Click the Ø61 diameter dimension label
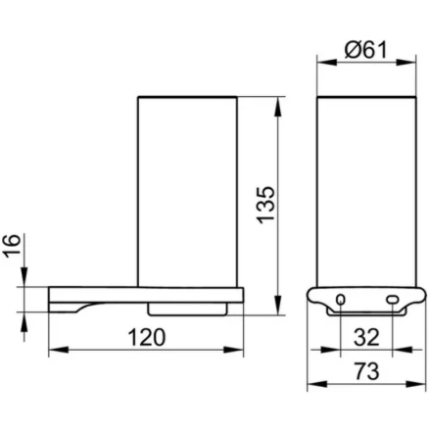pyautogui.click(x=366, y=50)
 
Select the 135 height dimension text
pyautogui.click(x=265, y=205)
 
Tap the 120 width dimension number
pyautogui.click(x=147, y=337)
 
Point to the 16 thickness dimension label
pyautogui.click(x=13, y=246)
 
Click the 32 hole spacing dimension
pyautogui.click(x=366, y=337)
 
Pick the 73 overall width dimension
pyautogui.click(x=367, y=371)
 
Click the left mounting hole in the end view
pyautogui.click(x=341, y=299)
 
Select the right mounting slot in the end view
pyautogui.click(x=392, y=299)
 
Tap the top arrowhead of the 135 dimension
pyautogui.click(x=278, y=107)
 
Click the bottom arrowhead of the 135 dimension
pyautogui.click(x=278, y=305)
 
